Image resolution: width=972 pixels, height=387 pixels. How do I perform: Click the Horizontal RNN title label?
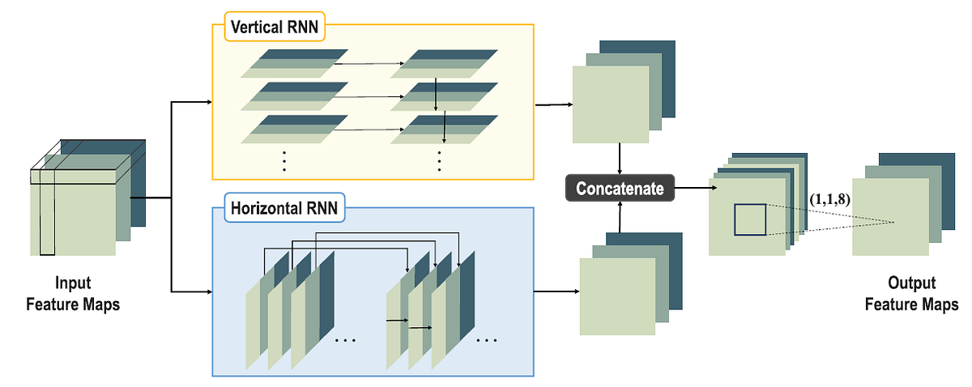278,207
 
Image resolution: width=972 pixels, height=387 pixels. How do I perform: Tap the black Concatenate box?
620,189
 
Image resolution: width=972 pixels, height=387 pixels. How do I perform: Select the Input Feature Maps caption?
73,294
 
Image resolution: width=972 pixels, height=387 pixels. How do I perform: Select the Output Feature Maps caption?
911,294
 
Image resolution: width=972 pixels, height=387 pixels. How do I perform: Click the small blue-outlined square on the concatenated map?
749,219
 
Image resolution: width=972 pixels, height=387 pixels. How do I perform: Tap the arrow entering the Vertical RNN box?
191,103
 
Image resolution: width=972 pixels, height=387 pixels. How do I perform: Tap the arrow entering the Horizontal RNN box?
191,291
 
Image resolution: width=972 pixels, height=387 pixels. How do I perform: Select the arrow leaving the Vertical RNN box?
555,105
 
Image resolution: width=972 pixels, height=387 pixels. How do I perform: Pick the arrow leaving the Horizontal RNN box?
556,291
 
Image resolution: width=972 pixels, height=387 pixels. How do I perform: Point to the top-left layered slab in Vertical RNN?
288,62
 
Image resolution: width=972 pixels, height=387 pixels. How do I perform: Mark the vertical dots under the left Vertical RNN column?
285,161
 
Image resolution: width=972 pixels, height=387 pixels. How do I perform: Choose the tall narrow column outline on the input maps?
47,212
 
